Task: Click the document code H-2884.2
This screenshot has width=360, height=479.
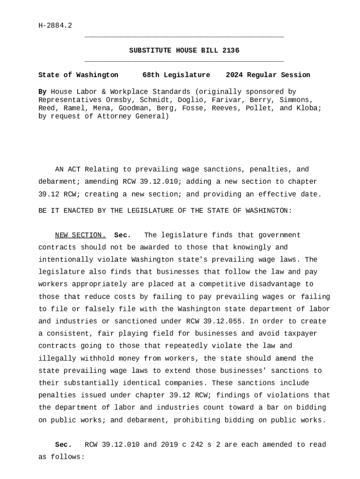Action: (55, 25)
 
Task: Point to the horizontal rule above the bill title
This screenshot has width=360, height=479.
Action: (184, 37)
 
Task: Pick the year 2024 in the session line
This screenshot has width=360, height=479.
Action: (234, 75)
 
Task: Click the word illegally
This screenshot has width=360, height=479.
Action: (57, 358)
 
